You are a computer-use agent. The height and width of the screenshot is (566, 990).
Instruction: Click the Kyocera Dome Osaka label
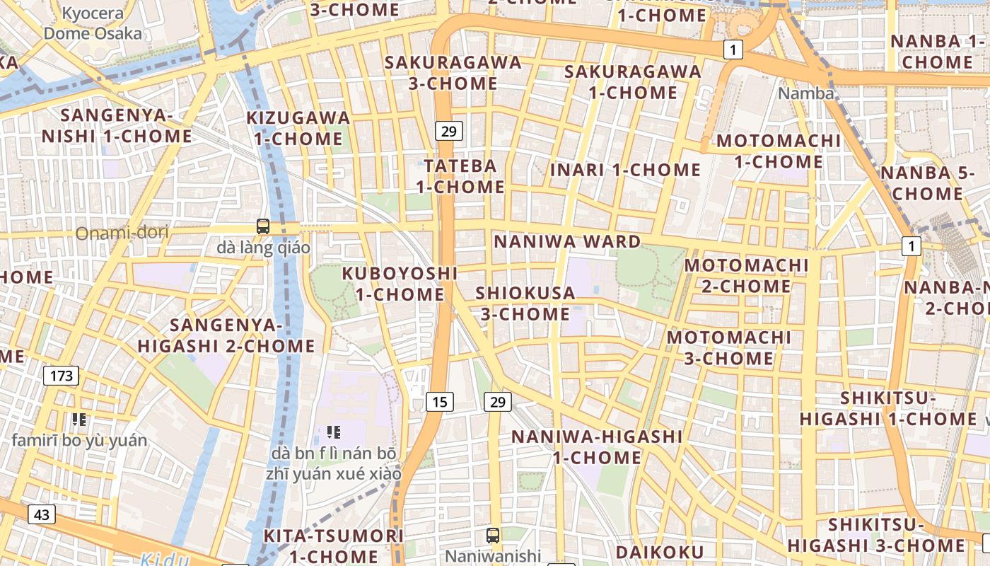tap(93, 23)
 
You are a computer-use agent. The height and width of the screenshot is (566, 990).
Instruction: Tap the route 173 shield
tap(62, 376)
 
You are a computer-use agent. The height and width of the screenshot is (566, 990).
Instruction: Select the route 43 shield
tap(42, 514)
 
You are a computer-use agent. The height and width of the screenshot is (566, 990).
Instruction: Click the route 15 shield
tap(440, 402)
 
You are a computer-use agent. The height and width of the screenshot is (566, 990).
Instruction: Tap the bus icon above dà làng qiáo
tap(263, 226)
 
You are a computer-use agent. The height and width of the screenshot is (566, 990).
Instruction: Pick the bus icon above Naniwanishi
tap(493, 536)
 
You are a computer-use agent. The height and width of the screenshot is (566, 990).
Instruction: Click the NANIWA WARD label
tap(567, 242)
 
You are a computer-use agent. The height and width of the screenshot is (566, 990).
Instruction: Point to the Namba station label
tap(805, 93)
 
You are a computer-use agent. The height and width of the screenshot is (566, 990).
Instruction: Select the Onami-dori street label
tap(116, 232)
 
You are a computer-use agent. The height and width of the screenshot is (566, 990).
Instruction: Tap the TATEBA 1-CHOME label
tap(460, 177)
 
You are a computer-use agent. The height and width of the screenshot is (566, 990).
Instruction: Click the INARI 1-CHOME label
tap(625, 171)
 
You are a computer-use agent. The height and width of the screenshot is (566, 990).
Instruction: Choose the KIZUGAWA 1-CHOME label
tap(298, 128)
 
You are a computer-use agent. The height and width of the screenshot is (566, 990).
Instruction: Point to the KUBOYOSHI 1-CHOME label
tap(400, 284)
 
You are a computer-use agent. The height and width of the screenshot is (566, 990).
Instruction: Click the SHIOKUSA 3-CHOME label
tap(525, 304)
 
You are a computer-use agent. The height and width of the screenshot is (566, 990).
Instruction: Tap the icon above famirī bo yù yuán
tap(79, 420)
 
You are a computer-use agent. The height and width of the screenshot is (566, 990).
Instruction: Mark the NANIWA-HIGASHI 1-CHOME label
tap(597, 447)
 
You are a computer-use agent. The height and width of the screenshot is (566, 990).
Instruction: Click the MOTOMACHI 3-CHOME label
tap(729, 347)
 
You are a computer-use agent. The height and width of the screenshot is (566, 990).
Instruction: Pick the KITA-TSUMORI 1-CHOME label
tap(333, 546)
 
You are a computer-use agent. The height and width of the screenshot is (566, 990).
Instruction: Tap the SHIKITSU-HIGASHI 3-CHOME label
tap(876, 536)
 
